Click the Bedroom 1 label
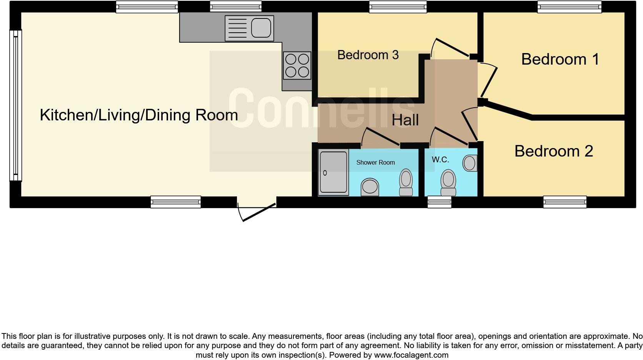(x=560, y=59)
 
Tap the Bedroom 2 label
(x=553, y=151)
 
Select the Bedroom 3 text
(x=368, y=55)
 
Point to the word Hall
(x=405, y=120)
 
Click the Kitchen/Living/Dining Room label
(x=139, y=115)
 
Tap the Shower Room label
(x=375, y=162)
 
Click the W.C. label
(x=440, y=160)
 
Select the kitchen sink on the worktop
(x=249, y=28)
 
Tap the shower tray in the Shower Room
(x=333, y=172)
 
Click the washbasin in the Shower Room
(x=370, y=187)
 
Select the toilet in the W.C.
(x=448, y=183)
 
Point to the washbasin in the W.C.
(x=470, y=163)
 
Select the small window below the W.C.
(x=439, y=202)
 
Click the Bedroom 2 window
(x=565, y=202)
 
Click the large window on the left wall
(x=15, y=105)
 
